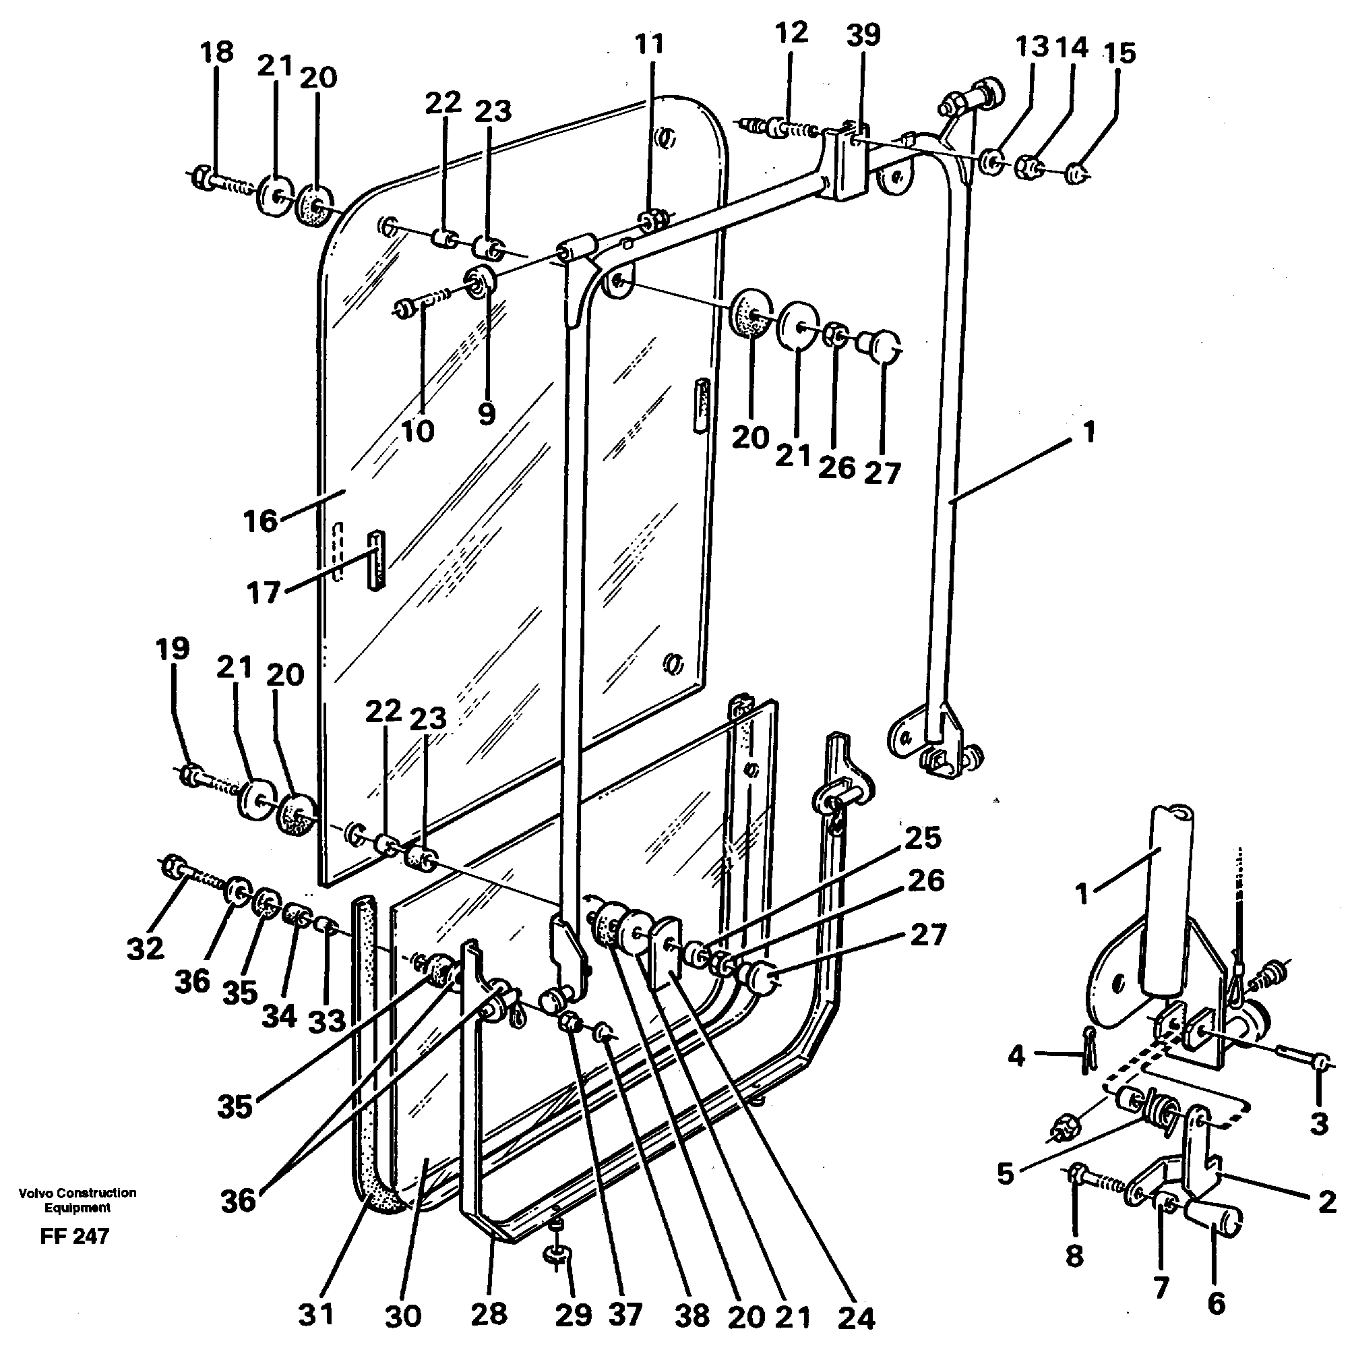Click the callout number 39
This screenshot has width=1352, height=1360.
[863, 35]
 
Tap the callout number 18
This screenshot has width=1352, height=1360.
[217, 53]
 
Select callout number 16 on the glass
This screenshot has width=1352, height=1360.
[260, 522]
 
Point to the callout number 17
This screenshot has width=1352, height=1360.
[264, 593]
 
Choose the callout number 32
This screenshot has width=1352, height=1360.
[146, 948]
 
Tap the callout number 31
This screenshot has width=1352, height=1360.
[315, 1314]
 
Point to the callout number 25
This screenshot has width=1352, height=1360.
[923, 837]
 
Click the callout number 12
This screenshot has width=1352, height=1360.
[791, 33]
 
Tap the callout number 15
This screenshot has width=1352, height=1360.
[1119, 53]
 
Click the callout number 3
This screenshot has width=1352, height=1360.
[1319, 1123]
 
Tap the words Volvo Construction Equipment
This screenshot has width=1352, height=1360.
[78, 1200]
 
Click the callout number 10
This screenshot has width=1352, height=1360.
[417, 431]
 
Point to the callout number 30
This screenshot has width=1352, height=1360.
[403, 1315]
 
